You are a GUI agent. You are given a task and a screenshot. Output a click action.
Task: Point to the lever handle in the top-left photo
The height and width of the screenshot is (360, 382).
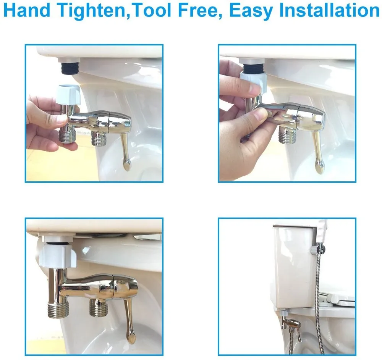[125, 151]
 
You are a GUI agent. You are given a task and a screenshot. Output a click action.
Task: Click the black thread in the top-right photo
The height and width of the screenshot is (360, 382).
[253, 68]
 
